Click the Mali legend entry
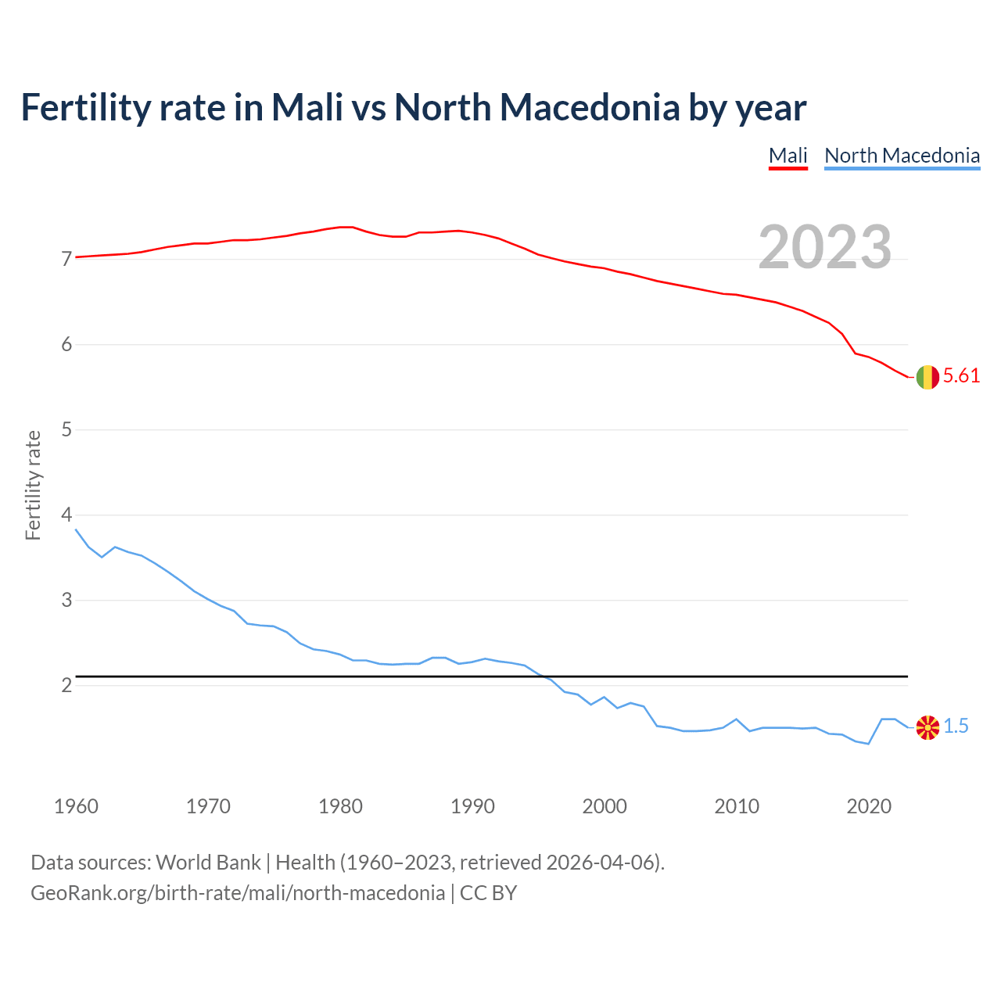[x=788, y=156]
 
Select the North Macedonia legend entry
[x=902, y=156]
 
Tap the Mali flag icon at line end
[x=927, y=377]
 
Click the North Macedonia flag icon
[x=927, y=727]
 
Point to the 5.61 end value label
[x=961, y=376]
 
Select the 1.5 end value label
[x=956, y=727]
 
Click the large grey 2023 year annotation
[x=825, y=247]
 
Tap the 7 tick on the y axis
[x=66, y=259]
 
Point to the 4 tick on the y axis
[x=66, y=515]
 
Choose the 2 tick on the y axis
[x=66, y=686]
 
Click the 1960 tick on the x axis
[x=76, y=806]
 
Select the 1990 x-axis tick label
[x=472, y=806]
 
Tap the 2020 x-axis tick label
[x=869, y=806]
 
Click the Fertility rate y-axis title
[x=33, y=485]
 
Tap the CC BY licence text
[x=488, y=893]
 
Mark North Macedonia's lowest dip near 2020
[x=868, y=744]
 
